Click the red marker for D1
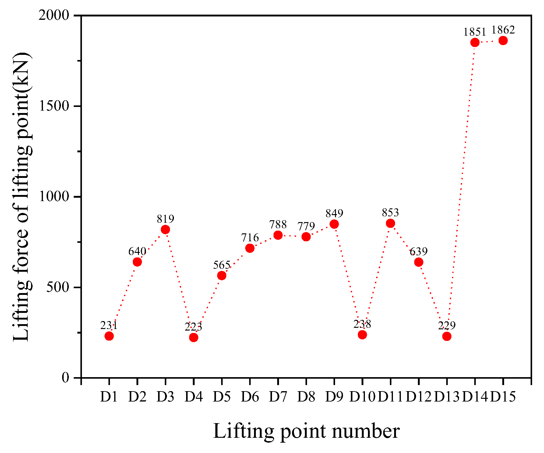pos(109,336)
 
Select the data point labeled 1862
pos(503,41)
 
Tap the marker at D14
pos(475,42)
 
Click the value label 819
pos(165,219)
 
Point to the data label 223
pos(193,327)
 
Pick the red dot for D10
pos(362,335)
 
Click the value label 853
pos(390,213)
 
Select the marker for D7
pos(278,235)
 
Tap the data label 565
pos(221,265)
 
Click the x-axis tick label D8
pos(306,397)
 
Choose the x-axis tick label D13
pos(447,397)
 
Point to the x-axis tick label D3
pos(165,397)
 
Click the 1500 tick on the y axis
pos(55,106)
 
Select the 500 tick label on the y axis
pos(58,287)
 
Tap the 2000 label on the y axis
pos(55,16)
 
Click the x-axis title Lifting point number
pos(306,431)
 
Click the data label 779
pos(306,226)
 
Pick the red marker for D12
pos(419,262)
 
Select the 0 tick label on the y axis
pos(65,378)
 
